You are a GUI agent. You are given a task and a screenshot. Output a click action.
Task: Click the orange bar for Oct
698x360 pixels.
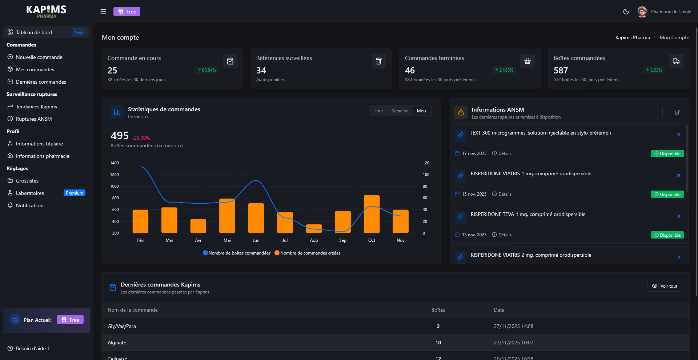click(372, 215)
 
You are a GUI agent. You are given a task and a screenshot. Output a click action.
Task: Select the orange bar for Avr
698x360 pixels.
click(198, 226)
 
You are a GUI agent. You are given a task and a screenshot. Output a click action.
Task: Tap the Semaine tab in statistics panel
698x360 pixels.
click(400, 111)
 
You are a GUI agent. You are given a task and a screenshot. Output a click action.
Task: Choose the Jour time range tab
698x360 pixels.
click(379, 111)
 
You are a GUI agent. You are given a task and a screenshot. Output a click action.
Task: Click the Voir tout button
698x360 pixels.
click(664, 286)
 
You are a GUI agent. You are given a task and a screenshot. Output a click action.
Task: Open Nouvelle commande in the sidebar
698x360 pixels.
click(39, 57)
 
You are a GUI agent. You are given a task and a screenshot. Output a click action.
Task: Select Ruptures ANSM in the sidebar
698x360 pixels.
click(34, 119)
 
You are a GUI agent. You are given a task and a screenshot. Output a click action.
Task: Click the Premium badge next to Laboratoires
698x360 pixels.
click(74, 193)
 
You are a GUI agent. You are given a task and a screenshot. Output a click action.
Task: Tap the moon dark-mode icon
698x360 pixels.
click(626, 12)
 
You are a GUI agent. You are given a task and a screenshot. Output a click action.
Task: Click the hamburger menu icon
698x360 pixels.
click(103, 12)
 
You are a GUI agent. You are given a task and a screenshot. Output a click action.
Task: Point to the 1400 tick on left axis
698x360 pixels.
click(115, 163)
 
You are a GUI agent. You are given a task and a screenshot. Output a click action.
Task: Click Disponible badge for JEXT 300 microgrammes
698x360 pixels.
click(667, 154)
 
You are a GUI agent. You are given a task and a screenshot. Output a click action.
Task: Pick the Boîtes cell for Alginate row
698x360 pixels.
click(438, 343)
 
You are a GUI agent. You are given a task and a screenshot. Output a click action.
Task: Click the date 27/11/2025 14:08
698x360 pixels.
click(513, 326)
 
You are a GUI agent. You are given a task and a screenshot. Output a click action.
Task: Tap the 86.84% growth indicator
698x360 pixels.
click(206, 70)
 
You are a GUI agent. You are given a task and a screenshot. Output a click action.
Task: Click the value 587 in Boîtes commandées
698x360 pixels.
click(561, 71)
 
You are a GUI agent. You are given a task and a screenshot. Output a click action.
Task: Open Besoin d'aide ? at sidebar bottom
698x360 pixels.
click(32, 348)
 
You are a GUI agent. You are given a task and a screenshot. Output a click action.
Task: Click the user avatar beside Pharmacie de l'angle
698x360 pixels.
click(642, 12)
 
